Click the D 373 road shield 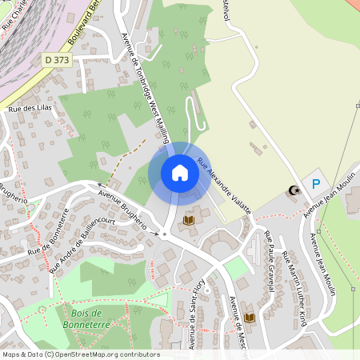pos(57,59)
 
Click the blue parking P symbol pos(316,184)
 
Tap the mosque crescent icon pos(294,190)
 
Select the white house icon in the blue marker pos(180,172)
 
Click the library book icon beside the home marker pos(190,220)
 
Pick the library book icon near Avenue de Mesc pos(250,318)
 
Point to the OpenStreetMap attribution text pos(80,354)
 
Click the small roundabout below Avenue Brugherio pos(164,234)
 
